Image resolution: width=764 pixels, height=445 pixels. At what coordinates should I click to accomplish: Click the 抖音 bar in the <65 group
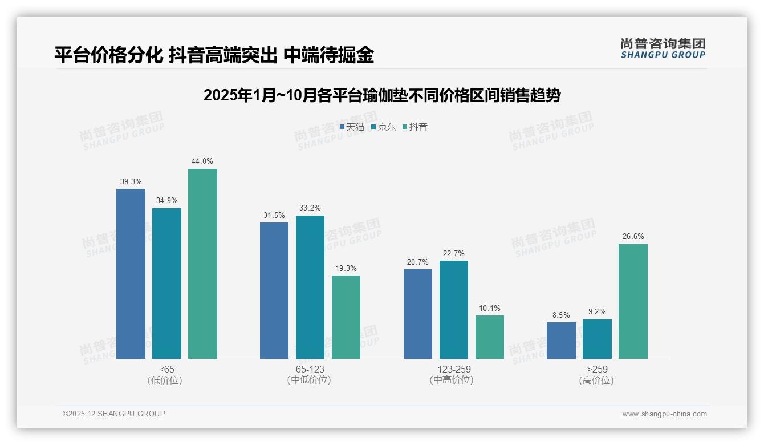[202, 264]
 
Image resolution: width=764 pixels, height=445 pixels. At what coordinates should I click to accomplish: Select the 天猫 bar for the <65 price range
[131, 274]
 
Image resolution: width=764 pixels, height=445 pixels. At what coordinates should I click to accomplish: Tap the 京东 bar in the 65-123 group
[310, 287]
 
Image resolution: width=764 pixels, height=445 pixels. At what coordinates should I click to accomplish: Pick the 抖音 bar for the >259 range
[633, 301]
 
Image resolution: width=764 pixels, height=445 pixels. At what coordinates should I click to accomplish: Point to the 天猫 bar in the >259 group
[561, 341]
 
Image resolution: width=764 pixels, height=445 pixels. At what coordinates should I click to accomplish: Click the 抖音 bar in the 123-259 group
[490, 337]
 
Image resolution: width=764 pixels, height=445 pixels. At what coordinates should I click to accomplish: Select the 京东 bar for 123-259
[454, 310]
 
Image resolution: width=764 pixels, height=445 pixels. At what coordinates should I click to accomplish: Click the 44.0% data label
[202, 161]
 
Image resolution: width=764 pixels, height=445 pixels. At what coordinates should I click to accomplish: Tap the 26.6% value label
[633, 237]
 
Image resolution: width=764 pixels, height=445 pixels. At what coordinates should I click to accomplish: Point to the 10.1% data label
[490, 309]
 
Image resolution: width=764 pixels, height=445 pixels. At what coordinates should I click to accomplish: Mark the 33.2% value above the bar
[310, 208]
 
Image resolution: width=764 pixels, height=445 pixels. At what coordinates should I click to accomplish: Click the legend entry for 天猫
[352, 127]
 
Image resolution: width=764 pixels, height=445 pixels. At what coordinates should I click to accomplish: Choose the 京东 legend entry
[384, 127]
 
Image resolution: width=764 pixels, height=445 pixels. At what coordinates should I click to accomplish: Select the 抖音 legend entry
[415, 127]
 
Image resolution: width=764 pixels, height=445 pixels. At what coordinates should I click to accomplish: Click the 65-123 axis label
[310, 370]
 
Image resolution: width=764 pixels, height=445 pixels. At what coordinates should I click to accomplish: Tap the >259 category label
[596, 370]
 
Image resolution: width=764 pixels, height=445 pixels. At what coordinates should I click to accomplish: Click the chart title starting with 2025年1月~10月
[381, 95]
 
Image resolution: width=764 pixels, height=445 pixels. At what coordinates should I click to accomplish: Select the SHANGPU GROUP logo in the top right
[663, 48]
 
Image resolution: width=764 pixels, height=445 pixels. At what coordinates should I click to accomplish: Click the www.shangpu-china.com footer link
[664, 414]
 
